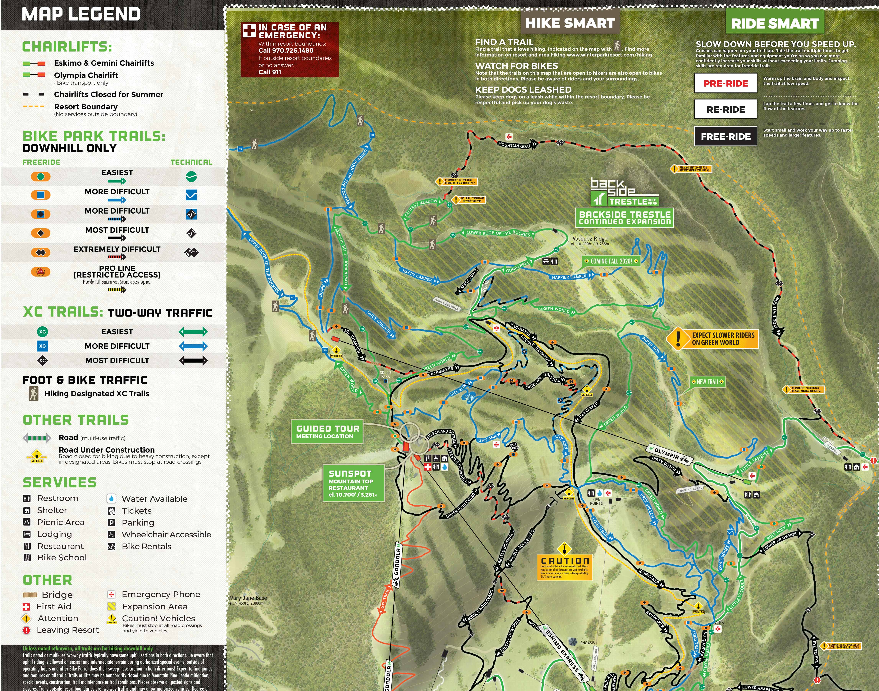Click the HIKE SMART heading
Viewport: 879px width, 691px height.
[x=570, y=23]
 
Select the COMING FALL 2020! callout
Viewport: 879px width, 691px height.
[x=611, y=261]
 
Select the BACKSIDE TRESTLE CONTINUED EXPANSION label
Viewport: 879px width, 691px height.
[x=625, y=218]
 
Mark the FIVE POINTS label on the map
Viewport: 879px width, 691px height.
[x=596, y=501]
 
